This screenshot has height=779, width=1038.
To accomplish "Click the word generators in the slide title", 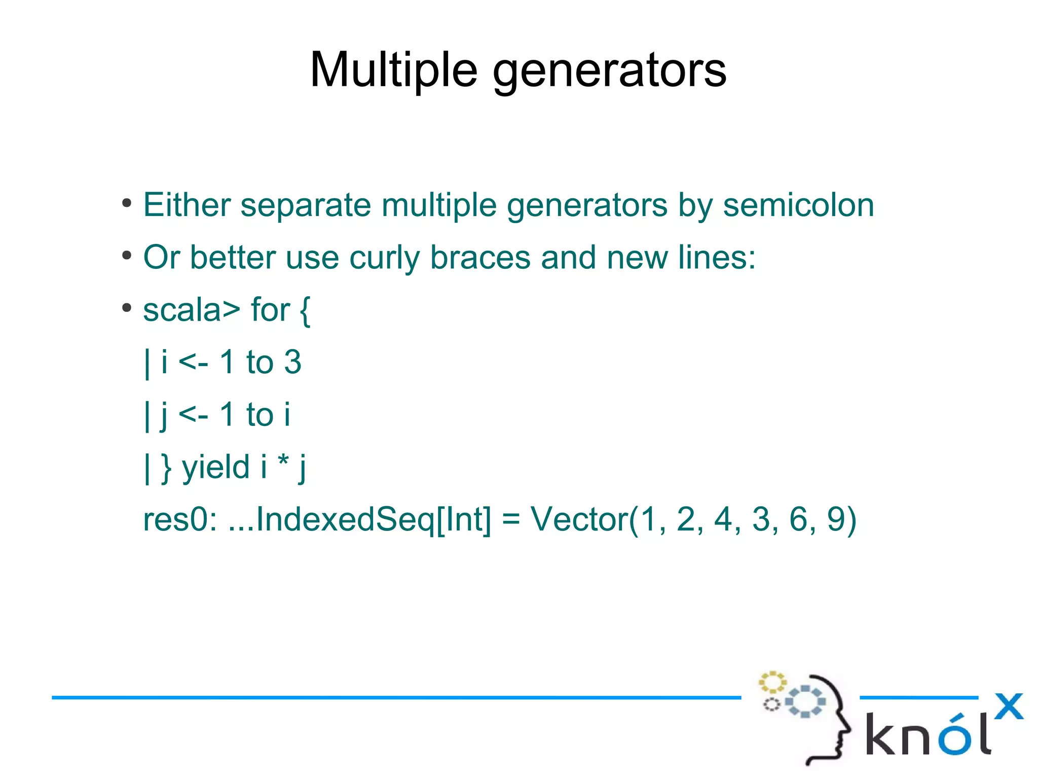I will point(609,71).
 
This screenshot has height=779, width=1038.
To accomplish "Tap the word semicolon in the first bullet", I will point(798,205).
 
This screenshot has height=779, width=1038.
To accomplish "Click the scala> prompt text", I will point(191,310).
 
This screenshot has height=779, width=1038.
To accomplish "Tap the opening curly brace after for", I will point(305,310).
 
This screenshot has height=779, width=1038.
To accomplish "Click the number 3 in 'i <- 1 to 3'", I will point(292,362).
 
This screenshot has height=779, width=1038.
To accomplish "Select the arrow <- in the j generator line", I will point(193,415).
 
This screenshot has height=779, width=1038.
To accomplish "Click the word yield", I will point(216,467).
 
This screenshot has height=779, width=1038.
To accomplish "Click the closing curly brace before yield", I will point(166,468).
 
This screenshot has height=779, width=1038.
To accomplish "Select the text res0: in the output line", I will point(180,520).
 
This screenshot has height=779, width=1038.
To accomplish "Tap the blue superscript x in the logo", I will point(1009,706).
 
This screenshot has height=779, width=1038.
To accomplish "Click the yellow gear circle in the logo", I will point(772,682).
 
